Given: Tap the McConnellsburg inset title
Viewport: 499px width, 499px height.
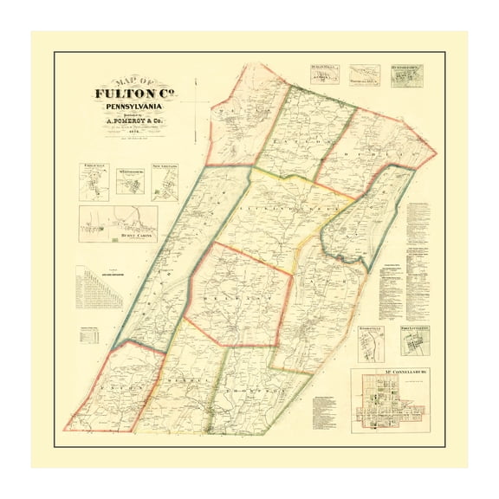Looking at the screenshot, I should [404, 374].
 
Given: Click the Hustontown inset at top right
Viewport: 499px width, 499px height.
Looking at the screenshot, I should [406, 76].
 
